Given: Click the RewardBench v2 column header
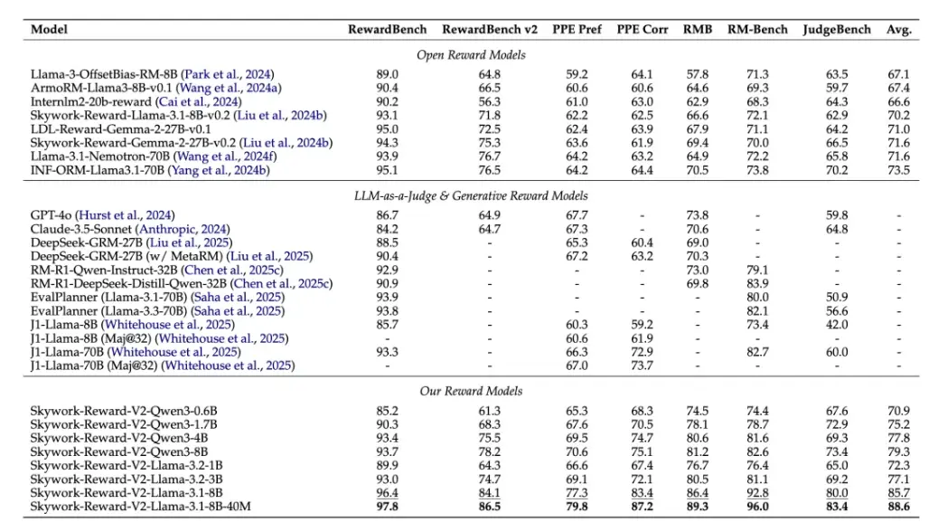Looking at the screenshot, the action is point(490,29).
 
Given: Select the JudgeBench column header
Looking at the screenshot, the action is point(836,29).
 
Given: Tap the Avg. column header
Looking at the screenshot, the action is point(898,29).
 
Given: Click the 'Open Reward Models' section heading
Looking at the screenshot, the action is point(471,55).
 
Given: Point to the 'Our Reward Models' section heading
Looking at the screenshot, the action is point(471,391).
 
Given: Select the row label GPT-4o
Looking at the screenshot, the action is point(51,215).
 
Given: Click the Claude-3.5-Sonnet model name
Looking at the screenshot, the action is point(80,229).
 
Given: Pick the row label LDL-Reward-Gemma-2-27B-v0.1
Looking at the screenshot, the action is point(120,128).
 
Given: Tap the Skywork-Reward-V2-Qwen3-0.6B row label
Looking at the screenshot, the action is point(123,411).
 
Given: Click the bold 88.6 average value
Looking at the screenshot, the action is point(898,507).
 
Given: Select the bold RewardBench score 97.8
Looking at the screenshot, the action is point(387,507).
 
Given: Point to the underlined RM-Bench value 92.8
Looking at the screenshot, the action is point(757,493).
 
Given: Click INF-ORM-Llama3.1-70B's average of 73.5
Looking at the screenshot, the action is point(898,170).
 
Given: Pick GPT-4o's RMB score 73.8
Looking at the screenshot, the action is point(697,215).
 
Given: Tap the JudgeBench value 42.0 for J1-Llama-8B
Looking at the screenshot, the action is point(836,325).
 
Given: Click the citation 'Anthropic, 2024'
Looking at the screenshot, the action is point(183,229).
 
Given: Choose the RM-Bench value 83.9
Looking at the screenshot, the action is point(757,283).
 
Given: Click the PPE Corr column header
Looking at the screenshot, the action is point(642,29).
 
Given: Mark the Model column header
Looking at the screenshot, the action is point(49,29).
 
